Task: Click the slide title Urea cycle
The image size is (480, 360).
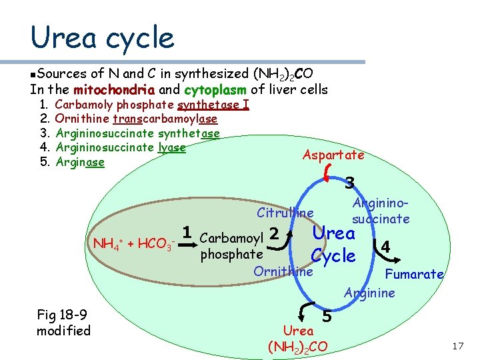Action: pos(102,37)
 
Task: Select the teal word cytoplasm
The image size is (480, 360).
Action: pos(215,90)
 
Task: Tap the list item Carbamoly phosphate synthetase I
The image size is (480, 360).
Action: pos(151,105)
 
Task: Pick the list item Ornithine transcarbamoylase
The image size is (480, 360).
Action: pos(136,119)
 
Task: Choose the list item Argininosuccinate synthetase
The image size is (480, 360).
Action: pos(137,133)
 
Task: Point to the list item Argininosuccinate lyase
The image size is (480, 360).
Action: pos(120,147)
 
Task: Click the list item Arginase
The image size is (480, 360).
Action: pos(80,162)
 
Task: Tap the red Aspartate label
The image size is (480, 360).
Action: pos(333,155)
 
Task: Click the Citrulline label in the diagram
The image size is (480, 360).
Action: pos(285,213)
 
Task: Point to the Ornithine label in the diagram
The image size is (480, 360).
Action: pos(283,272)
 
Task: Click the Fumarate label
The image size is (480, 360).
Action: pos(414,274)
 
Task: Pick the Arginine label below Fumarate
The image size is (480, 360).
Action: pos(369,293)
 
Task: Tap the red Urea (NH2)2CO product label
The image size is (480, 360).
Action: pos(298,339)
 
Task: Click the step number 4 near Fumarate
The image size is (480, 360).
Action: pos(385,247)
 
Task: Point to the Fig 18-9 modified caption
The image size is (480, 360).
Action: pos(63,323)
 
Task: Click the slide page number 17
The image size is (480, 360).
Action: pos(457,347)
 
